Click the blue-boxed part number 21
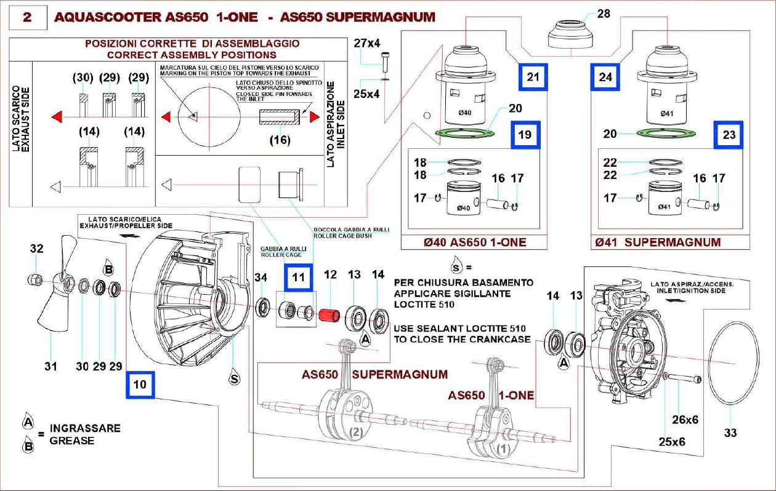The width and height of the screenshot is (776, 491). tap(533, 77)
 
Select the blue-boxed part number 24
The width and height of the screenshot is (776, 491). tap(606, 77)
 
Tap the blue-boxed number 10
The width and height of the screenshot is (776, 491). tap(140, 385)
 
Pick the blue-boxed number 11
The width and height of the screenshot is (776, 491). tap(299, 277)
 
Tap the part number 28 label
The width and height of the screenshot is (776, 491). tap(604, 14)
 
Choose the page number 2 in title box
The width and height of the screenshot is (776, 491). tap(28, 17)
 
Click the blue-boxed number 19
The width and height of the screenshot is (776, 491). tap(525, 135)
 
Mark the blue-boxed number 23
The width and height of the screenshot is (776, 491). tap(729, 135)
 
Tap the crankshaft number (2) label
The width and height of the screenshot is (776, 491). tap(355, 432)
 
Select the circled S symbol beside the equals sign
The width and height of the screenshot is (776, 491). tap(456, 268)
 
